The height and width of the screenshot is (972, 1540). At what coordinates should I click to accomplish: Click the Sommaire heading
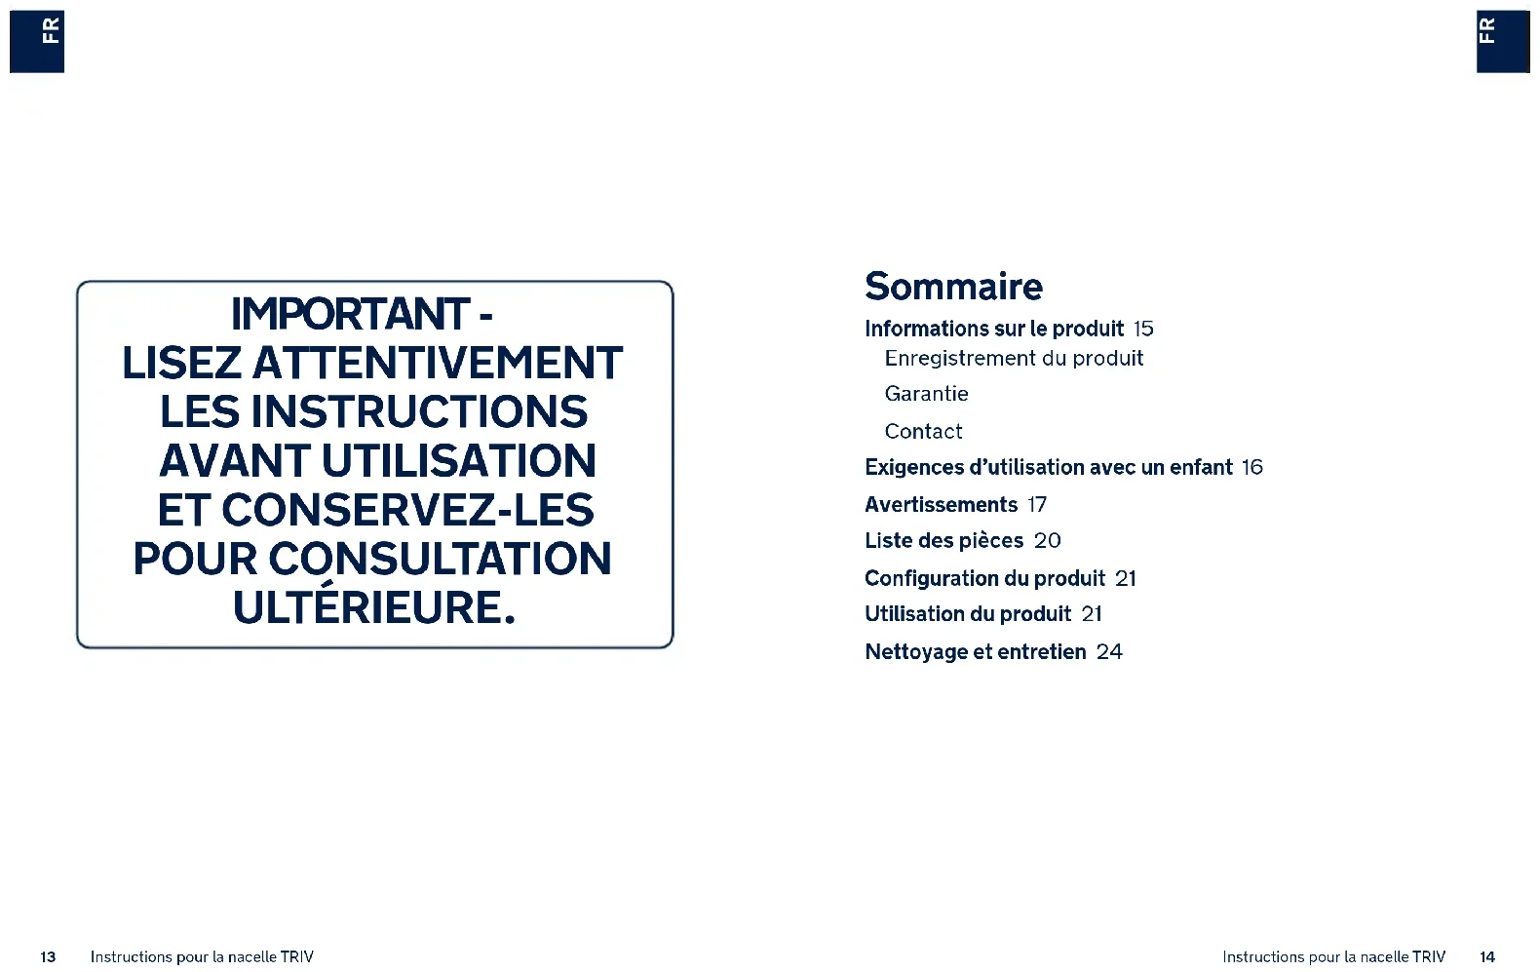953,287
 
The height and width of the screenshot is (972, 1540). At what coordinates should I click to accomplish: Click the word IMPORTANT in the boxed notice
351,314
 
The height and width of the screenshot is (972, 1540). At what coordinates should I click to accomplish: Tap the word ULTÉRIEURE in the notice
374,606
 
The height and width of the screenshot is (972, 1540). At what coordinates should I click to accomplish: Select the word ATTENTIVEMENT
438,363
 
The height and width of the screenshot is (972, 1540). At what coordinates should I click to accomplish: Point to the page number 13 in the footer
48,956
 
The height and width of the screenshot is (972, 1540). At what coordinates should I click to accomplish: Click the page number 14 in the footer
1487,956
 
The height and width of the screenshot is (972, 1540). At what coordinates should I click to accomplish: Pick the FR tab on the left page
37,41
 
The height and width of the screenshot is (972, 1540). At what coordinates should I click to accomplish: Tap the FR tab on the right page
1503,41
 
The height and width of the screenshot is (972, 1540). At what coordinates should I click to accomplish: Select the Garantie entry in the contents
926,394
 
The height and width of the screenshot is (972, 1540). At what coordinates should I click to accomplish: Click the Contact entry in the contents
923,431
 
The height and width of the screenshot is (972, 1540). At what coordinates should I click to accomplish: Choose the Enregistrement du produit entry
1014,359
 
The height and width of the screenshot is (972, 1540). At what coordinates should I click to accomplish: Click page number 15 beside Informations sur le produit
1143,329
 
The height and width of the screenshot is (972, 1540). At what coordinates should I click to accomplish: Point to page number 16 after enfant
1252,468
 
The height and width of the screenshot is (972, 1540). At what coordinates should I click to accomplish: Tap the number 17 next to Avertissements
1037,505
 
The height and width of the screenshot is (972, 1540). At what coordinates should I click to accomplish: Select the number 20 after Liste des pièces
1048,541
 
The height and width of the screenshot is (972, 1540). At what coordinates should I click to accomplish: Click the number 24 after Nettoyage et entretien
1109,651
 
